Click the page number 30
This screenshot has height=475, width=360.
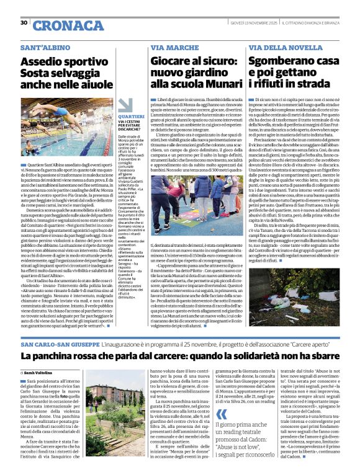[x=24, y=23]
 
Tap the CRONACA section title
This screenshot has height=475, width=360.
[x=60, y=26]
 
